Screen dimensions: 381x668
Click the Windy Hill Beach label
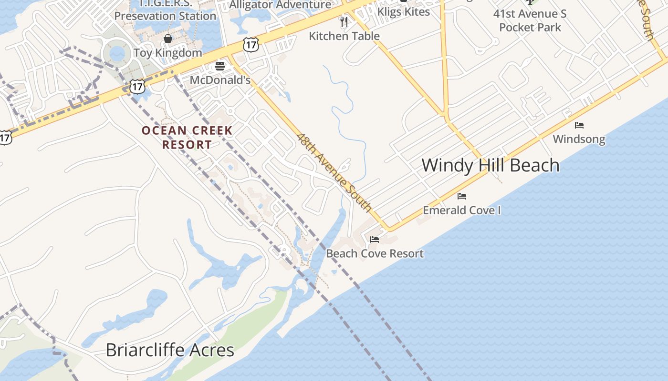(x=490, y=166)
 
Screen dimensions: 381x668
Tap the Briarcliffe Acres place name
(x=169, y=350)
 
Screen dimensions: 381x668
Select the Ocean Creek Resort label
(x=187, y=137)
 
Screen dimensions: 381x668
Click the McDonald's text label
(x=220, y=80)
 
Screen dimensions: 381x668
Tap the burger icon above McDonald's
(x=220, y=66)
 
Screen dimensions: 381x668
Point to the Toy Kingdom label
(x=167, y=53)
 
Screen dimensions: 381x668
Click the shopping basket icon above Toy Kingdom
(x=168, y=39)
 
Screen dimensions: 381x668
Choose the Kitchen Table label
(x=344, y=36)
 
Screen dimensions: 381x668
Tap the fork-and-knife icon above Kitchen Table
(x=344, y=21)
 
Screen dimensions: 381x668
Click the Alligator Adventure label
(x=280, y=5)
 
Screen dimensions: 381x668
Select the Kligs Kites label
(x=404, y=12)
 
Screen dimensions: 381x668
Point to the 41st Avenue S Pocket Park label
(x=530, y=20)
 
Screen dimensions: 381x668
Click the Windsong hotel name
(x=579, y=139)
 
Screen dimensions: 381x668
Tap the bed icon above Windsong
(x=579, y=125)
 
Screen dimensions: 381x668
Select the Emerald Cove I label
(x=461, y=210)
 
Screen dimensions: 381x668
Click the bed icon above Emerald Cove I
(x=461, y=196)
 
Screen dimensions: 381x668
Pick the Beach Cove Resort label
(x=375, y=253)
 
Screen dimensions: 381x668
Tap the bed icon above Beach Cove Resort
(x=375, y=239)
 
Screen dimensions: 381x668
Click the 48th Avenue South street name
(x=334, y=172)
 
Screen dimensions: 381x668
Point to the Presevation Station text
(x=165, y=16)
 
